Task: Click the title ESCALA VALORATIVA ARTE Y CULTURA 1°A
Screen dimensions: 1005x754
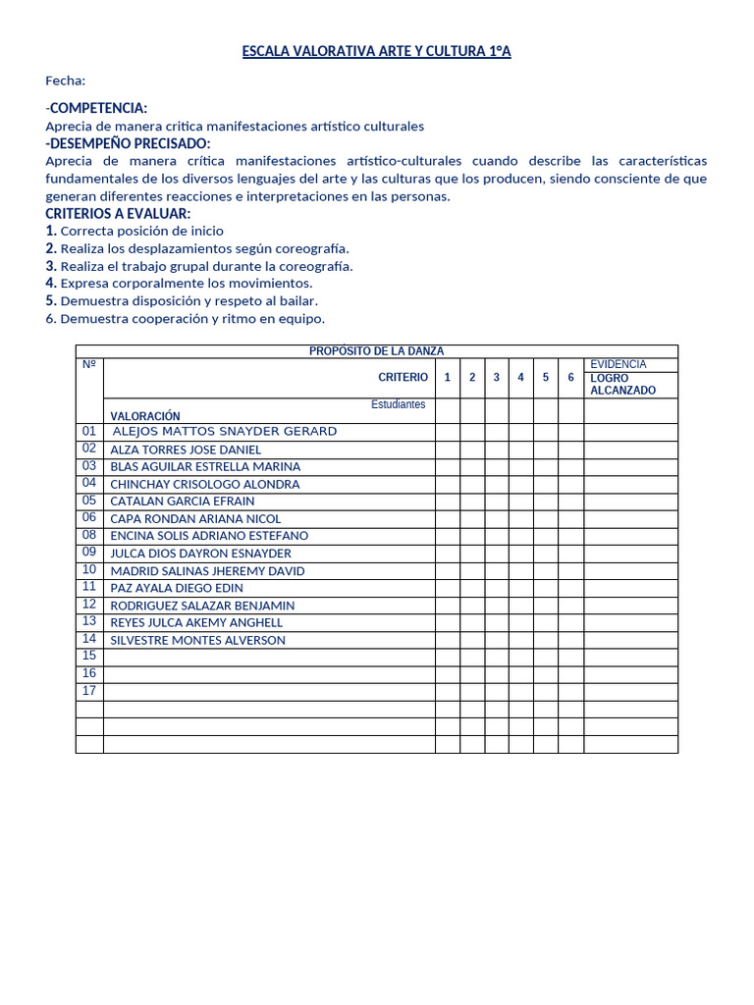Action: pyautogui.click(x=376, y=52)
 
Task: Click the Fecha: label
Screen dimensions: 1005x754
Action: pyautogui.click(x=66, y=80)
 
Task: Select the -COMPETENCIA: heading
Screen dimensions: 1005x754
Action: pyautogui.click(x=96, y=108)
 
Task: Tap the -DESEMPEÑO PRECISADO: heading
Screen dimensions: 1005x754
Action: pyautogui.click(x=128, y=143)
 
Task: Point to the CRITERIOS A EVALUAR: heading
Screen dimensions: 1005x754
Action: pyautogui.click(x=118, y=214)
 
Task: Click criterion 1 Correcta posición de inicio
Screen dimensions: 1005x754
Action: pyautogui.click(x=135, y=231)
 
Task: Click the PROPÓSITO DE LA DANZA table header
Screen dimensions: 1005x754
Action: pyautogui.click(x=376, y=351)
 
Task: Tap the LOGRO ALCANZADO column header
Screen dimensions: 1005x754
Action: pyautogui.click(x=622, y=384)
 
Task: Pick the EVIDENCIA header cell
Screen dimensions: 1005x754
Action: pyautogui.click(x=619, y=364)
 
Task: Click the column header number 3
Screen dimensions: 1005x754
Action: pyautogui.click(x=497, y=378)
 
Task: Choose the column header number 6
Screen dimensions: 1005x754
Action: pyautogui.click(x=570, y=378)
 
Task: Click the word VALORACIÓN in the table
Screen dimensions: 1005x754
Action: pyautogui.click(x=145, y=416)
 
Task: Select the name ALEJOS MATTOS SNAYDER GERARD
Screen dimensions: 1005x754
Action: pyautogui.click(x=225, y=432)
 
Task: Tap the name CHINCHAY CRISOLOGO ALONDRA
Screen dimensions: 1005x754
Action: pyautogui.click(x=205, y=484)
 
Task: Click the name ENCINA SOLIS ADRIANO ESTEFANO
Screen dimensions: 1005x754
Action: pyautogui.click(x=209, y=536)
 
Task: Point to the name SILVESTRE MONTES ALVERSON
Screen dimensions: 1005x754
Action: pyautogui.click(x=197, y=640)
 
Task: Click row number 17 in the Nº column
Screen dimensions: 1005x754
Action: pyautogui.click(x=89, y=691)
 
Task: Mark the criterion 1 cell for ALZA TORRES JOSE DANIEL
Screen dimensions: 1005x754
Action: pyautogui.click(x=448, y=450)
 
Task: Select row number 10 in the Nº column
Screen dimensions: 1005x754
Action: pyautogui.click(x=89, y=570)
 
